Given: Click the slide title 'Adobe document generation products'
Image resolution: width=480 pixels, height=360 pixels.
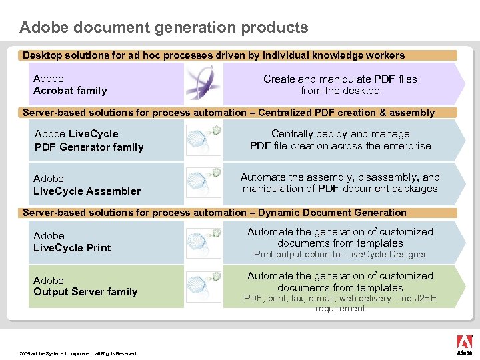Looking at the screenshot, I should click(x=164, y=27).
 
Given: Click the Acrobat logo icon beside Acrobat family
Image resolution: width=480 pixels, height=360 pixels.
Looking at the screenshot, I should click(x=199, y=83).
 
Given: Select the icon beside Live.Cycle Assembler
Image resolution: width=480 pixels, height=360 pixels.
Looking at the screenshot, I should click(x=203, y=183).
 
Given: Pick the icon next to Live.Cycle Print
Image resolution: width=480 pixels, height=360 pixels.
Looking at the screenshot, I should click(x=203, y=241).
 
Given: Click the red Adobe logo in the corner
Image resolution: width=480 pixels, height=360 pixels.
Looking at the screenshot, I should click(x=464, y=344).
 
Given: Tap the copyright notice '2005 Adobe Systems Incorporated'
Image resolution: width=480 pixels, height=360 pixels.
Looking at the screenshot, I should click(x=78, y=353).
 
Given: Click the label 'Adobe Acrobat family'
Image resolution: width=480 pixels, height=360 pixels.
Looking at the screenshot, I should click(x=70, y=85).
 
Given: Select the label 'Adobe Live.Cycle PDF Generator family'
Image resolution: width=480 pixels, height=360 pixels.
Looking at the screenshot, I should click(x=89, y=141).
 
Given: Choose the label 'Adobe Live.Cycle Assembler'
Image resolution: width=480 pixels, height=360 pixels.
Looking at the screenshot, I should click(x=87, y=185).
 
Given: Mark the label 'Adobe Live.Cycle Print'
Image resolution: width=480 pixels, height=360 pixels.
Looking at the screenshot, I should click(x=72, y=242).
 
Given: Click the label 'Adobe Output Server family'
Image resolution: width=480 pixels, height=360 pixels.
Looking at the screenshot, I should click(x=85, y=286).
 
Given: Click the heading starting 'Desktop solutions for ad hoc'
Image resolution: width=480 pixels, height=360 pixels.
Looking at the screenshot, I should click(x=213, y=55).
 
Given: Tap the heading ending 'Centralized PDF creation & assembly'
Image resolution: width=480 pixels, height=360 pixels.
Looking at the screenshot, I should click(x=229, y=113).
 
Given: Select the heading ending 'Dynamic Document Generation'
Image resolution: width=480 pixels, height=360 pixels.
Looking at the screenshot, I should click(x=215, y=213).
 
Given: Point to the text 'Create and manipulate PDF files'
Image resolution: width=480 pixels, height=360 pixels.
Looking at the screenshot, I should click(x=340, y=79).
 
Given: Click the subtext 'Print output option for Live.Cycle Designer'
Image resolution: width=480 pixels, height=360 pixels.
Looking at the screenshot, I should click(x=340, y=254).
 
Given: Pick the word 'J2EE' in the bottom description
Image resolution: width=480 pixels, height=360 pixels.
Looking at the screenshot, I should click(x=423, y=298).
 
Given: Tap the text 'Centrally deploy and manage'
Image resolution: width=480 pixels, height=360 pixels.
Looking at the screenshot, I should click(x=340, y=134).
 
